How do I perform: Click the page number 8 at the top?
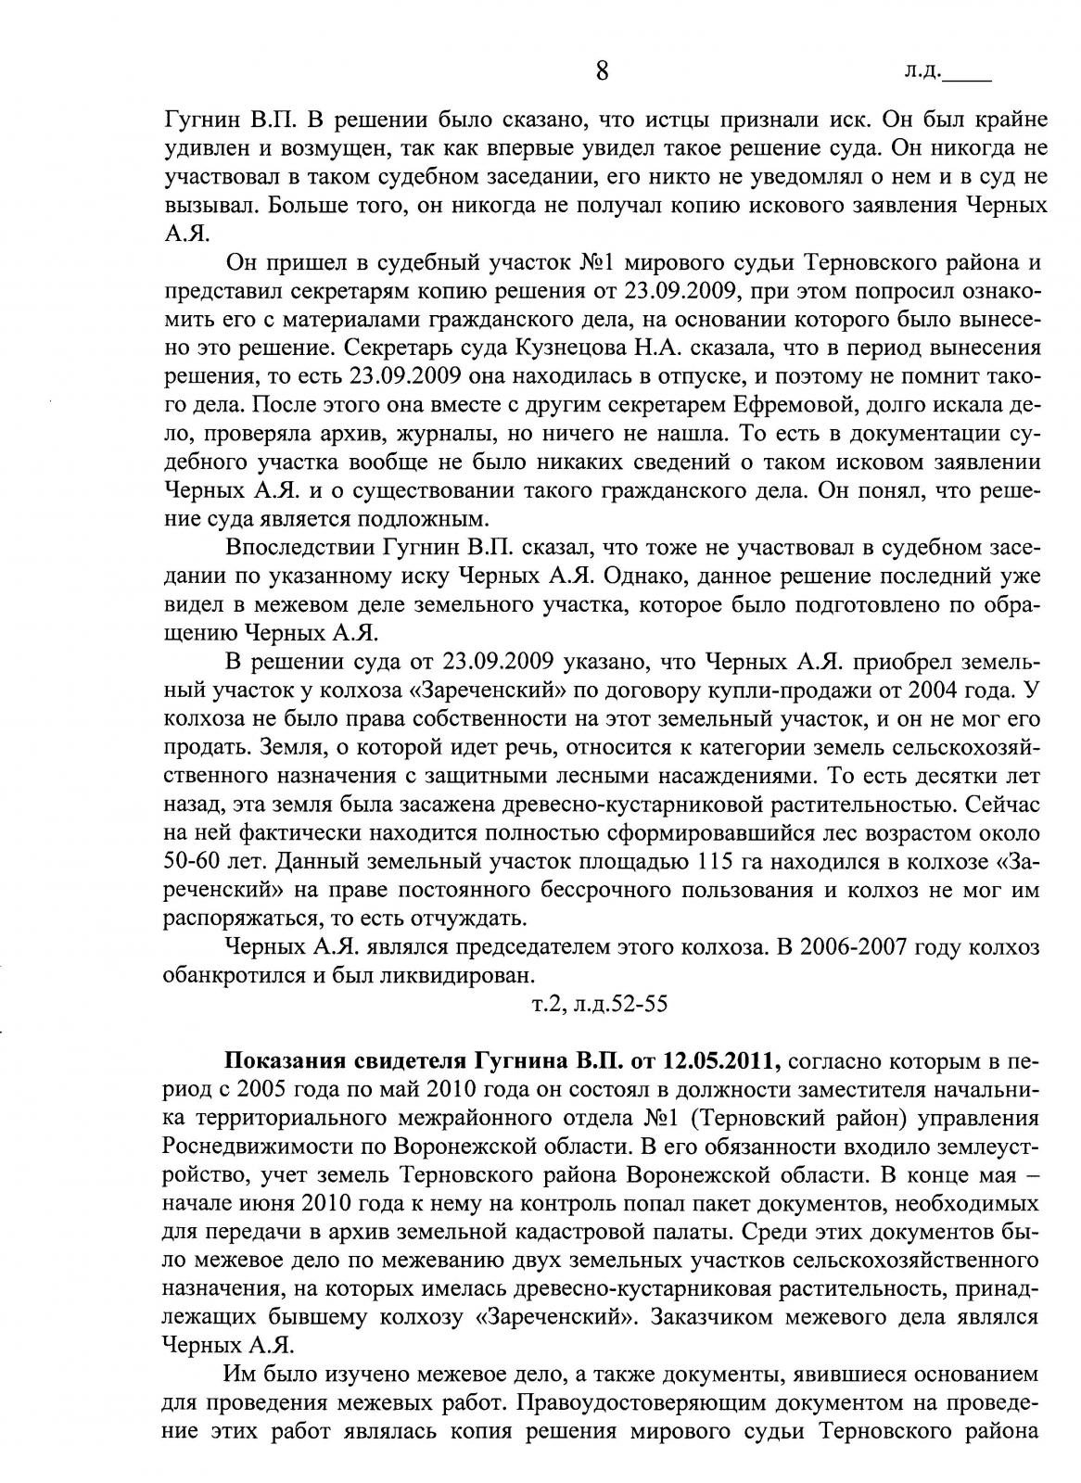602,71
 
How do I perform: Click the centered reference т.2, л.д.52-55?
599,1004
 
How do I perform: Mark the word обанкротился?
223,975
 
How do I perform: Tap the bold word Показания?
293,1060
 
